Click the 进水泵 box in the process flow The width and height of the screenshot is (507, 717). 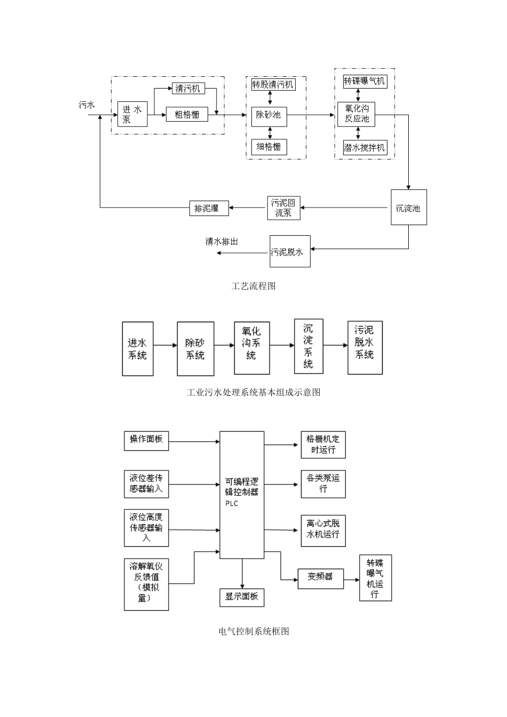132,114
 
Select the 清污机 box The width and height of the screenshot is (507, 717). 188,89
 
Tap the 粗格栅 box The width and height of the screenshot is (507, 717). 187,114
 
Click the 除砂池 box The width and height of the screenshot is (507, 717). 269,115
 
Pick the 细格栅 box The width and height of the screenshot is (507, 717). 269,147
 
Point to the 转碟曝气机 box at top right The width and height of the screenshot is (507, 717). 364,81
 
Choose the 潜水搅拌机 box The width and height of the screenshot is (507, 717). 364,147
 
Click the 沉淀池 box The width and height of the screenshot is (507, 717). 408,207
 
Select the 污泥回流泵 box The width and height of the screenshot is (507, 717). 283,208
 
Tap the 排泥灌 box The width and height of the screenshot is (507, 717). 209,208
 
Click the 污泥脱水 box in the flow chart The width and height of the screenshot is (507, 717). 289,251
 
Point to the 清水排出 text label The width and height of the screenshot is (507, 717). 221,242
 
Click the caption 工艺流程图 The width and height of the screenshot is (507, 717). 253,286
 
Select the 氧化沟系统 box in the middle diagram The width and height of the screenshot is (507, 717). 251,348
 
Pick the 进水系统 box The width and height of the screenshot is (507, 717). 138,349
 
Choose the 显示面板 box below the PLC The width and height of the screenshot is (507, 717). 242,596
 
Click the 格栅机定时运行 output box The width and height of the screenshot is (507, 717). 323,444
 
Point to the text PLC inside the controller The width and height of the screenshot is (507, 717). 232,504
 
